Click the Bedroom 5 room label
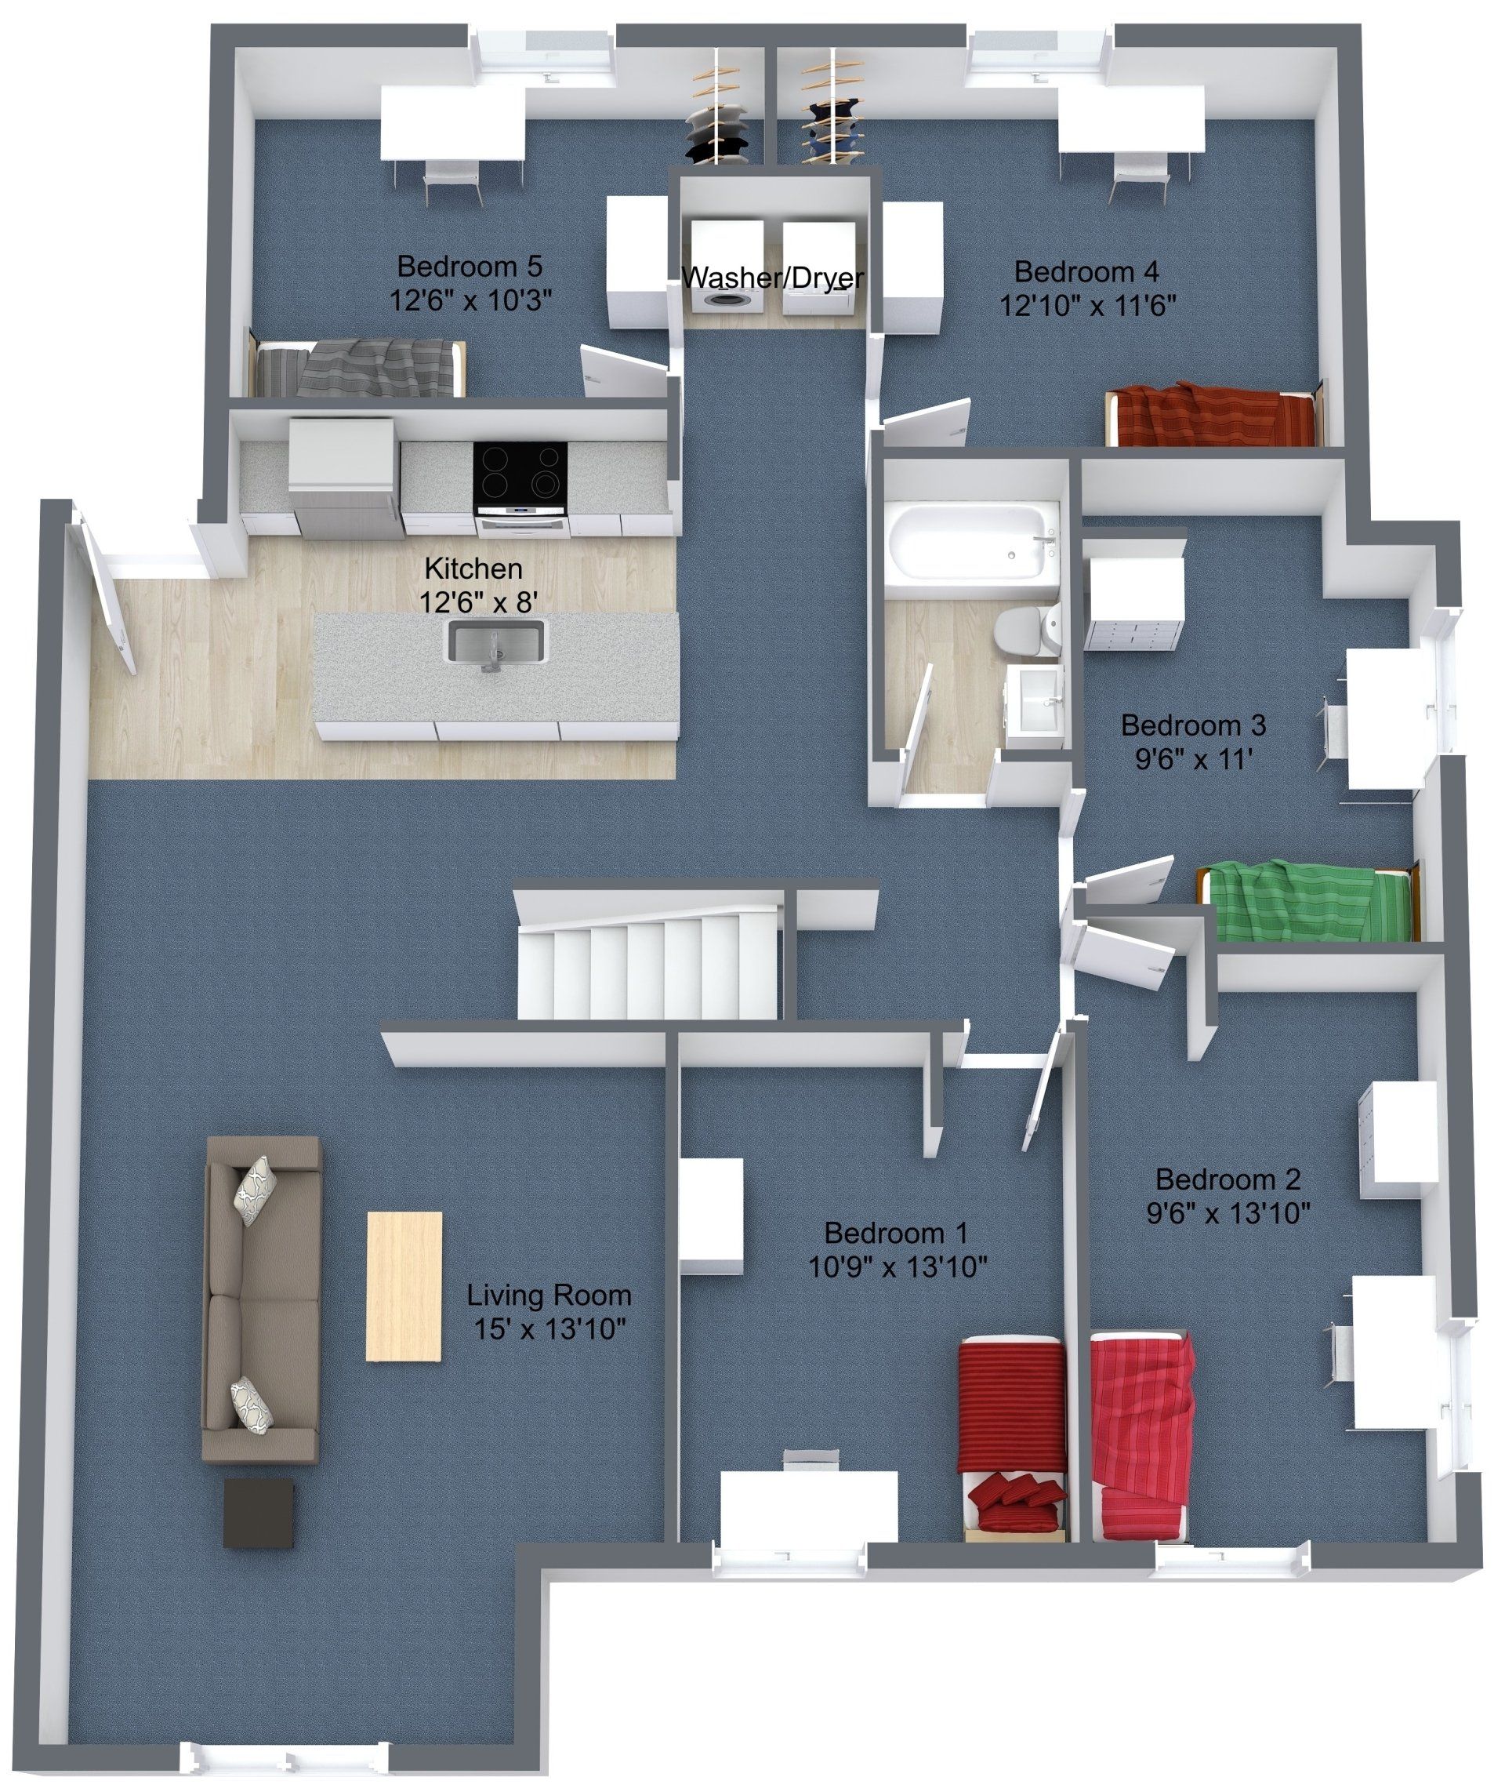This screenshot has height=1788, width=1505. coord(470,267)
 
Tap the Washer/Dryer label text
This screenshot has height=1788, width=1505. coord(773,278)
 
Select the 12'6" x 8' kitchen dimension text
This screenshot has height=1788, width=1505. coord(478,602)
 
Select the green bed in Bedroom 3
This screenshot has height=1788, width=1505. coord(1309,900)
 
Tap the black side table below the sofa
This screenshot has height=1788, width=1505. coord(259,1514)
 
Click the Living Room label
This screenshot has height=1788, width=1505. coord(549,1296)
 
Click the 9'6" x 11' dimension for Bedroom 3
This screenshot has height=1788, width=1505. coord(1193,760)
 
